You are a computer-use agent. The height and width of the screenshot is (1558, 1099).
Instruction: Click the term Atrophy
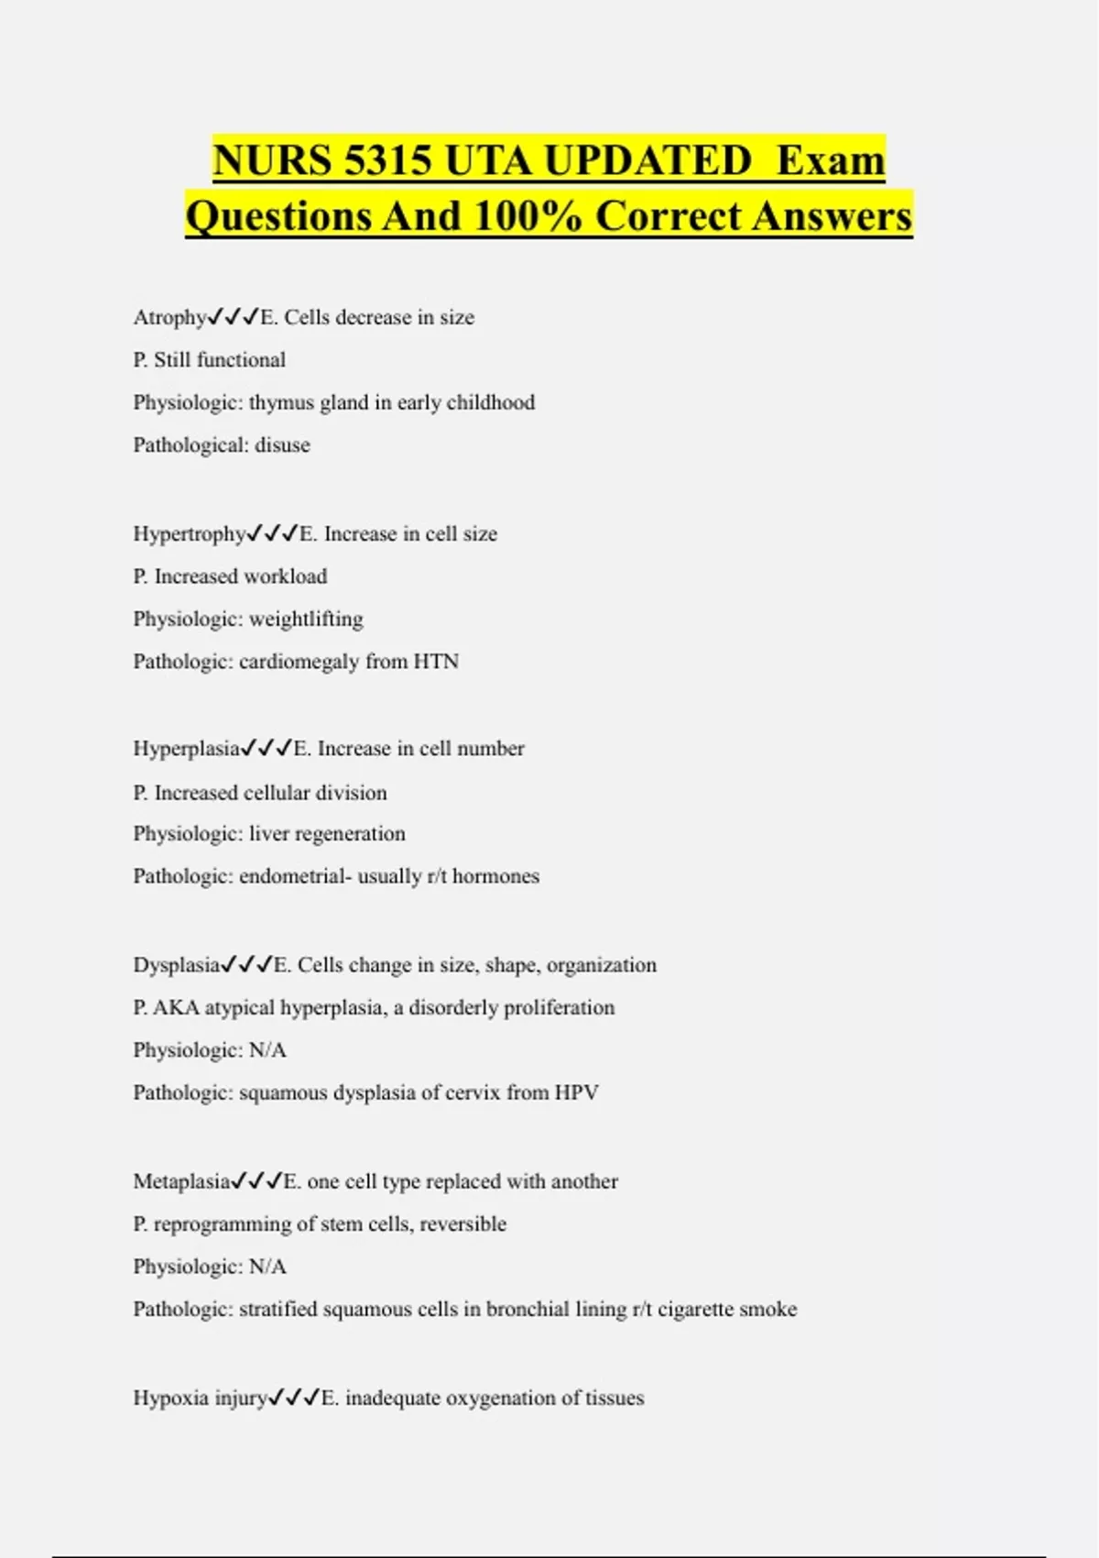coord(169,318)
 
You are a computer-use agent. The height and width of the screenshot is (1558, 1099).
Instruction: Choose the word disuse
coord(282,445)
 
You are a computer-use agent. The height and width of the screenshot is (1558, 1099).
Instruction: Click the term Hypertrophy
coord(189,534)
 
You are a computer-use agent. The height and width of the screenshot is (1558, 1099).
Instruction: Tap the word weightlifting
coord(306,620)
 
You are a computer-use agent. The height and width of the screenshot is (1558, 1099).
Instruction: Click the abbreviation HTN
coord(436,662)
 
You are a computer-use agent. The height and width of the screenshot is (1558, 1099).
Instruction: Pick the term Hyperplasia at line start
coord(186,749)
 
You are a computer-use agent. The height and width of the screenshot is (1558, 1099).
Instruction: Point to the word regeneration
coord(351,834)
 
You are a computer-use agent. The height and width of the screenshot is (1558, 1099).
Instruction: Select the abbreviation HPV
coord(577,1092)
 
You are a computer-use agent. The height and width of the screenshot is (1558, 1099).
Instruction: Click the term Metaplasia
coord(181,1181)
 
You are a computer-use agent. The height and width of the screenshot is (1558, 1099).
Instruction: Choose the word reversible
coord(462,1224)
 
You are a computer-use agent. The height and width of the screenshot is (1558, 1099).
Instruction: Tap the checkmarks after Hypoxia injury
coord(294,1399)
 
